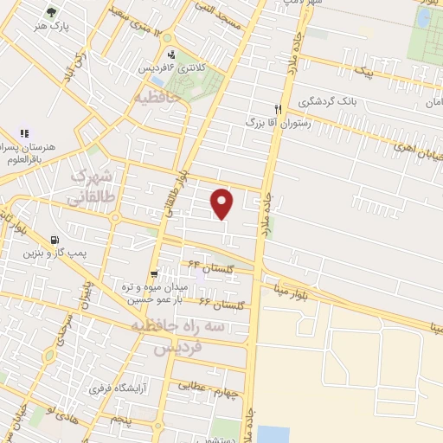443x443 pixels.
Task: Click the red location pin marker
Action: click(223, 203)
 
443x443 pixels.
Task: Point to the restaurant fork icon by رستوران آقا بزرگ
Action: click(278, 109)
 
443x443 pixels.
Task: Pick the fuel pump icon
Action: click(56, 241)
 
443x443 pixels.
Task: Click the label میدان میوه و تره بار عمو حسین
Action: click(153, 293)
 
